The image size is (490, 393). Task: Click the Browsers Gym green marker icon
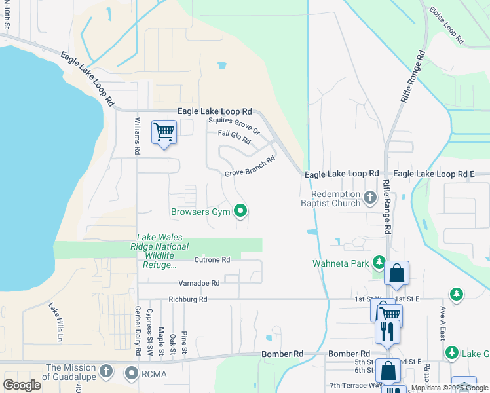tap(240, 211)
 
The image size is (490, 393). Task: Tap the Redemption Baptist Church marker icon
tap(369, 196)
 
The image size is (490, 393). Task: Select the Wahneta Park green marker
tap(379, 263)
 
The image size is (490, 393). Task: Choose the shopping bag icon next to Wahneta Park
tap(397, 273)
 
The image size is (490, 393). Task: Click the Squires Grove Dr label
tap(234, 125)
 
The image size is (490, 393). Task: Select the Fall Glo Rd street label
tap(235, 137)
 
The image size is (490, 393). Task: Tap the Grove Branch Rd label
tap(250, 166)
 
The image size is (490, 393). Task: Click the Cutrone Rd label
tap(212, 260)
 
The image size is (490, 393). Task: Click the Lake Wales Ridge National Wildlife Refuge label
tap(162, 251)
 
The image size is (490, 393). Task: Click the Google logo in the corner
tap(22, 384)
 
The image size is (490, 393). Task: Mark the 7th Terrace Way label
tap(356, 385)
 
